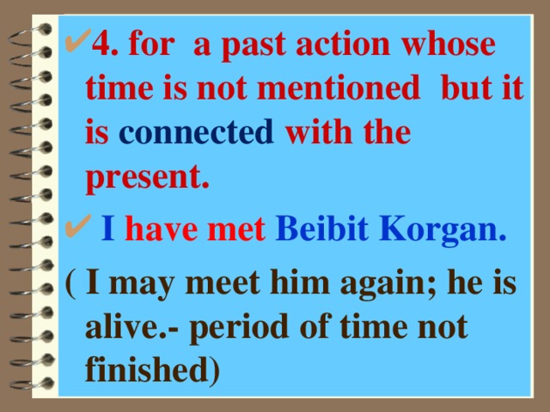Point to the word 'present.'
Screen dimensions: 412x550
pyautogui.click(x=149, y=179)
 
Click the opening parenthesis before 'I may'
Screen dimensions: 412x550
pyautogui.click(x=70, y=283)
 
